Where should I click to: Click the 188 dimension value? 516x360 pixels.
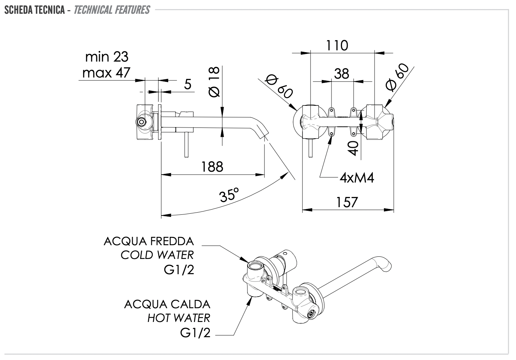[x=212, y=167]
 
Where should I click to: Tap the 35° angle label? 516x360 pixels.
[x=229, y=196]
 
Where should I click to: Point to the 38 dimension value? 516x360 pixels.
[x=342, y=74]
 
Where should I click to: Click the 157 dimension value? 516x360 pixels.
[x=347, y=202]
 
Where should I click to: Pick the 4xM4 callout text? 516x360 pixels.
[x=356, y=178]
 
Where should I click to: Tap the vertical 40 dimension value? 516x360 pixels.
[x=355, y=148]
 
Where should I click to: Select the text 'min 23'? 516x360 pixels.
[x=106, y=56]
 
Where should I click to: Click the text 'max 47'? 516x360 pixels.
[x=106, y=73]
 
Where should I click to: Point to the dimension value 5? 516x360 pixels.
[x=187, y=84]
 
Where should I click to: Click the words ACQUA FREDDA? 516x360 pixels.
[x=149, y=241]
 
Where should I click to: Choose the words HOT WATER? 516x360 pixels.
[x=179, y=318]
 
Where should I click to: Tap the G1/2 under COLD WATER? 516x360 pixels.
[x=179, y=270]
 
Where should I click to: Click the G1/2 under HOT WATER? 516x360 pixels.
[x=195, y=332]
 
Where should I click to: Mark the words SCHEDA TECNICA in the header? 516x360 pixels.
[x=35, y=9]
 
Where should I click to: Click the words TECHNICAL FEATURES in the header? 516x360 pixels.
[x=112, y=9]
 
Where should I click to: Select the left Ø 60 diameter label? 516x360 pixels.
[x=279, y=87]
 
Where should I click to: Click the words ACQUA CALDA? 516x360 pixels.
[x=167, y=304]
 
